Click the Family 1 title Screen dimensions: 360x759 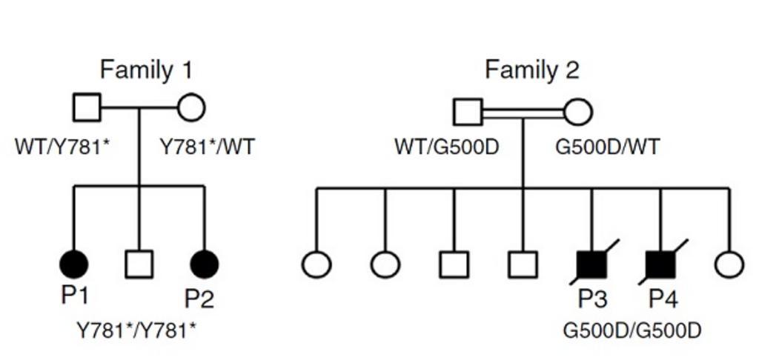tap(146, 70)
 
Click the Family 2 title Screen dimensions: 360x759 tap(531, 70)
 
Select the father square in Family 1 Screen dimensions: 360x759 tap(87, 108)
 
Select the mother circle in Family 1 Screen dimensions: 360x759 tap(191, 108)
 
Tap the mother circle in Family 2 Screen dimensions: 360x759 tap(577, 113)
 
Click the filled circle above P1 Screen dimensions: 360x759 tap(73, 264)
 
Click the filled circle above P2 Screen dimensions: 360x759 tap(205, 264)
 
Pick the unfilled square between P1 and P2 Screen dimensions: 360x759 tap(139, 264)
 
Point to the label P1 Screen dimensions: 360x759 tap(75, 296)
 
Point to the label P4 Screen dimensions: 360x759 tap(663, 299)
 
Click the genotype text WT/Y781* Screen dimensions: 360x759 tap(62, 147)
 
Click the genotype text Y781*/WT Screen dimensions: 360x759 tap(208, 147)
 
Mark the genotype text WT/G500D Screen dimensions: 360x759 tap(447, 147)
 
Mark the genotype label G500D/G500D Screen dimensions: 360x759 tap(632, 330)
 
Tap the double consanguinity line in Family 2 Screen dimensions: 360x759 tap(523, 113)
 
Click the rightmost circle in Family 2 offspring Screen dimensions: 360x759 tap(729, 264)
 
